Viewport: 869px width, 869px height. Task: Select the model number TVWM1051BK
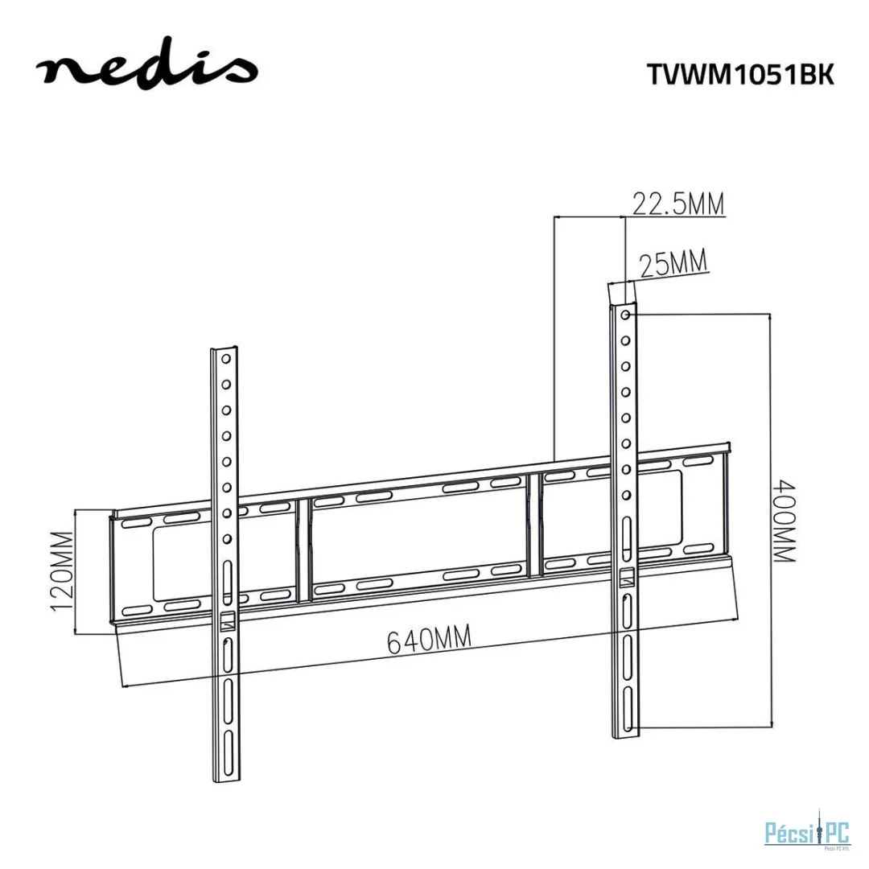click(x=740, y=74)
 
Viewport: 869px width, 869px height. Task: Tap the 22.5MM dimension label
click(x=677, y=204)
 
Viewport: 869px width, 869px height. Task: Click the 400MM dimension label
click(x=783, y=521)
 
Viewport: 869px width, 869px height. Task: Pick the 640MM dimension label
click(x=429, y=640)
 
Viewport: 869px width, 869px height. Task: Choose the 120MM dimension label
click(x=63, y=570)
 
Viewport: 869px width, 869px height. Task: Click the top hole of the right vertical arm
click(x=625, y=313)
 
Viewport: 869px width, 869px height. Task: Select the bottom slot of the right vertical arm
click(x=626, y=718)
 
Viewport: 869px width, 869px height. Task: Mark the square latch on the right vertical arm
click(x=626, y=576)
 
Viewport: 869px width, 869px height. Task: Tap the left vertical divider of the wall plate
click(x=303, y=550)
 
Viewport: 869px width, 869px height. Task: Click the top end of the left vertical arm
click(x=224, y=350)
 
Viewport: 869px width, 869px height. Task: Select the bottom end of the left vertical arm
click(x=229, y=780)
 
